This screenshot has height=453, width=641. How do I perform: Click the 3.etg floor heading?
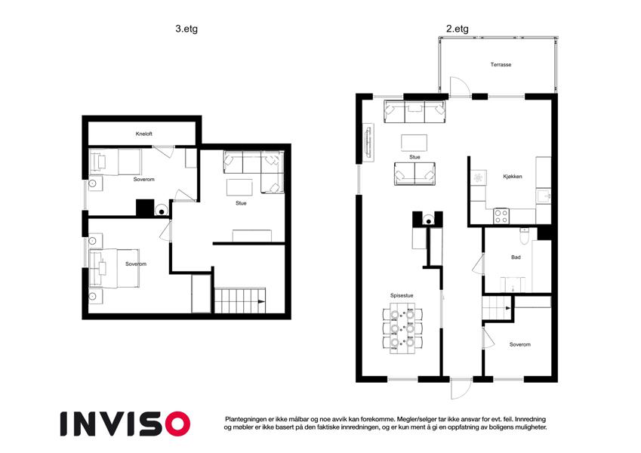[x=186, y=29]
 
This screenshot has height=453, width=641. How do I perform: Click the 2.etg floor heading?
[x=457, y=29]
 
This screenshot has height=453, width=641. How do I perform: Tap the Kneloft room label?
[x=144, y=134]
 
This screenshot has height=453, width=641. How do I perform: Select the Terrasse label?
[x=501, y=65]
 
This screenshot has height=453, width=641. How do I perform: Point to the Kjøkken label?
[x=513, y=177]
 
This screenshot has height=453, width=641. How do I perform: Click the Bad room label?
[x=516, y=257]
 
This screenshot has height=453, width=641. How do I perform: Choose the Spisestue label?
[x=402, y=295]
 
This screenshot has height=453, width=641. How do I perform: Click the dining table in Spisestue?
[x=402, y=328]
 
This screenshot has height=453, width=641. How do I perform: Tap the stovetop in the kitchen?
[x=501, y=216]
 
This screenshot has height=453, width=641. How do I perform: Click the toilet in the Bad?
[x=525, y=236]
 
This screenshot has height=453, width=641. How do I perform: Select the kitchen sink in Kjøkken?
[x=544, y=196]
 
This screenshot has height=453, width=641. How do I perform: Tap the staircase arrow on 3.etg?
[x=261, y=302]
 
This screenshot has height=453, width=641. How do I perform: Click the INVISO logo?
[x=125, y=424]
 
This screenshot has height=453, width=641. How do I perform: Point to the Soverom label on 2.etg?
[x=520, y=344]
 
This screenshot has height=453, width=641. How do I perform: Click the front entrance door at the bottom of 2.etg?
[x=461, y=389]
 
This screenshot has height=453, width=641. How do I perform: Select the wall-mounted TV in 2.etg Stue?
[x=368, y=142]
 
